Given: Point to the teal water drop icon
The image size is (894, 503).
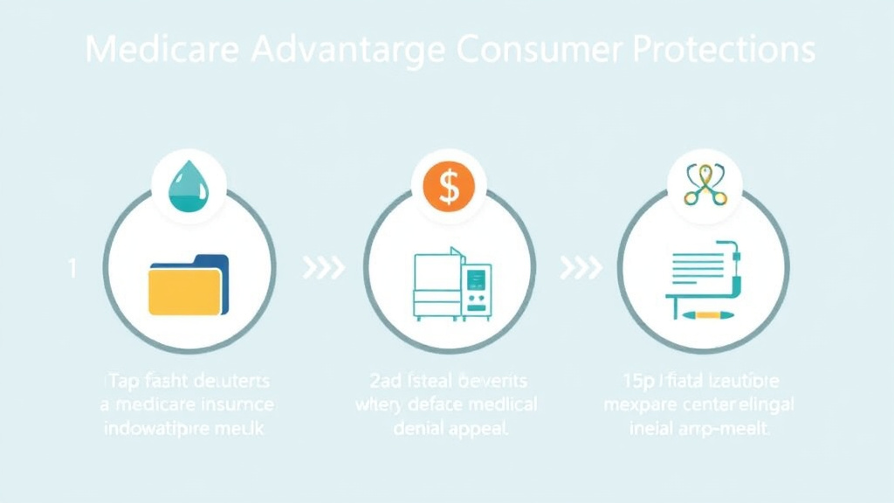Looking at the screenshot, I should pos(189,186).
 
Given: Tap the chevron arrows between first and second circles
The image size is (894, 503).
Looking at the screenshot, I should pos(323,268).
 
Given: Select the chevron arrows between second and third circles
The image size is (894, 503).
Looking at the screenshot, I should pos(581,268).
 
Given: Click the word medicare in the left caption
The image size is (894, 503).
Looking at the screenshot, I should pos(154,405).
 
